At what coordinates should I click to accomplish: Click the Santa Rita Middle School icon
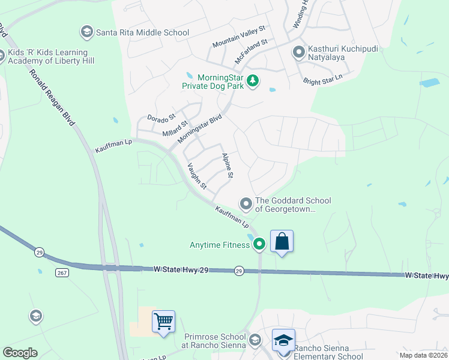point(86,31)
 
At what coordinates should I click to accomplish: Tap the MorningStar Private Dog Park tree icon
point(253,80)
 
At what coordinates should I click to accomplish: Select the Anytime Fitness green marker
point(259,244)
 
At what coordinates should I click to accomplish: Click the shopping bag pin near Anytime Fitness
point(282,242)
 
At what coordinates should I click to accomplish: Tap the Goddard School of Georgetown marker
point(246,204)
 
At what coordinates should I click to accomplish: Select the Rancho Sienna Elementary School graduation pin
point(283,340)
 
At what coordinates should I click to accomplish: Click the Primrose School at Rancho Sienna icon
point(255,340)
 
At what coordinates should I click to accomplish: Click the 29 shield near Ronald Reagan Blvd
point(40,251)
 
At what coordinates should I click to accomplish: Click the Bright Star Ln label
point(322,79)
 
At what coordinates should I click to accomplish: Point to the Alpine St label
point(228,166)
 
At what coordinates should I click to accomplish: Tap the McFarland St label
point(251,51)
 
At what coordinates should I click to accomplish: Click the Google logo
point(20,353)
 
